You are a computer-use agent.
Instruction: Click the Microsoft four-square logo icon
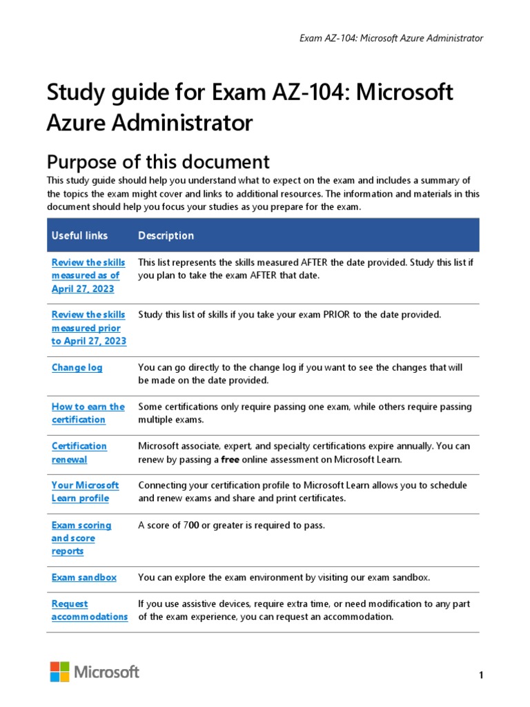coord(59,672)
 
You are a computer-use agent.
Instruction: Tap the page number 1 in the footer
coord(480,675)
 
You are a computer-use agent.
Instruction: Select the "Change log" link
coord(77,367)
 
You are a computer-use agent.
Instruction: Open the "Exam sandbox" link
coord(84,577)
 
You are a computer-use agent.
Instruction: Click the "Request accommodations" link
coord(89,610)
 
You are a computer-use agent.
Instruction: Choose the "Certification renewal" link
coord(79,452)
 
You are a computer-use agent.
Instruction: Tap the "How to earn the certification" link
coord(88,413)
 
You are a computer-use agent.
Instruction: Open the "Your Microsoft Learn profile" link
coord(85,492)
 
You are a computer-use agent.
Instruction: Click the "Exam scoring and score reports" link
coord(81,538)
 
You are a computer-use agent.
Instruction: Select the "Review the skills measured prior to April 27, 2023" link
coord(88,328)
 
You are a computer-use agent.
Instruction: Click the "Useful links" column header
coord(79,235)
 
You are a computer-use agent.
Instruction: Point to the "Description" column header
coord(166,235)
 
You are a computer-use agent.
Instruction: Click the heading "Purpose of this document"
coord(157,162)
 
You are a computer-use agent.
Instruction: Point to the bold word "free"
coord(230,459)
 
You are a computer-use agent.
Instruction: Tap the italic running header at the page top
coord(391,38)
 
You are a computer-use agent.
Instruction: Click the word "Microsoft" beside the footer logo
coord(106,672)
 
